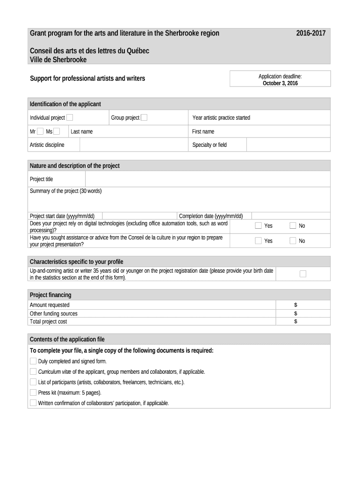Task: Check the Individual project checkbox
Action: [69, 117]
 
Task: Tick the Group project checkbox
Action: [144, 117]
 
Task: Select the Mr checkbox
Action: [40, 131]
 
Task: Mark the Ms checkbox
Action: [57, 131]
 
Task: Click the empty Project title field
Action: [208, 179]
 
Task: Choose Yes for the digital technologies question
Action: [258, 226]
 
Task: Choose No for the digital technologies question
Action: [293, 226]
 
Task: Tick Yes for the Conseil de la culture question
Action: [258, 241]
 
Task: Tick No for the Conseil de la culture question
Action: [293, 241]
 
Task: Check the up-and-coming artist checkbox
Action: [303, 274]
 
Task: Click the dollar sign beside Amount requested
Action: [295, 305]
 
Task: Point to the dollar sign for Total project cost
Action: [295, 322]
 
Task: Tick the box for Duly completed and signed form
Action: [33, 361]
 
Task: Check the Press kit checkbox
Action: [33, 392]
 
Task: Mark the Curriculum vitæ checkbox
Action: [33, 371]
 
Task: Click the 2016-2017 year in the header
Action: [311, 33]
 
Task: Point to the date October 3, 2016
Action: [280, 83]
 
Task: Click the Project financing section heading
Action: [50, 295]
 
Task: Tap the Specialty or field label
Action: [209, 145]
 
